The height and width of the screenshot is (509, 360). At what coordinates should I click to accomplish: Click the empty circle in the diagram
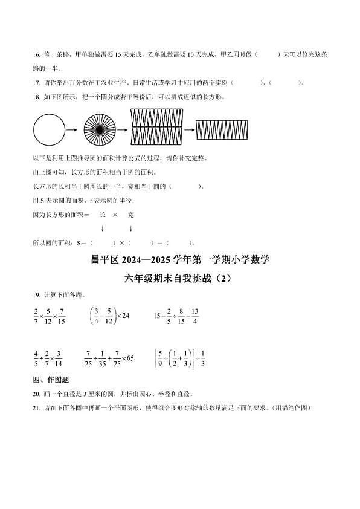(x=48, y=130)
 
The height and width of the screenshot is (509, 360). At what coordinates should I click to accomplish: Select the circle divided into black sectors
(x=98, y=130)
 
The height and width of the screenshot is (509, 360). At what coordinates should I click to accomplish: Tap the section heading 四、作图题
(x=51, y=380)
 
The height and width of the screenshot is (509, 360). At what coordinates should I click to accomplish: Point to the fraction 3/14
(x=59, y=358)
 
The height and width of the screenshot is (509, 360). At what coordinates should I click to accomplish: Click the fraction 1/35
(x=103, y=358)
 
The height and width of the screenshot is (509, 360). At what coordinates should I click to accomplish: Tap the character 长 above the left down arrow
(x=103, y=215)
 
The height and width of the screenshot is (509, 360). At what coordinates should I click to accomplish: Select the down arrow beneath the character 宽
(x=130, y=229)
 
